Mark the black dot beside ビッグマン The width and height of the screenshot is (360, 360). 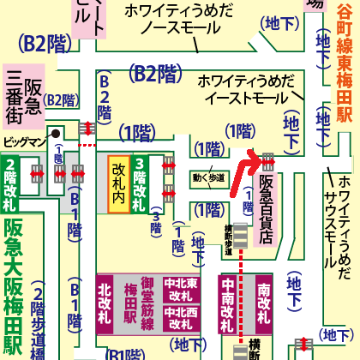(53, 134)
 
